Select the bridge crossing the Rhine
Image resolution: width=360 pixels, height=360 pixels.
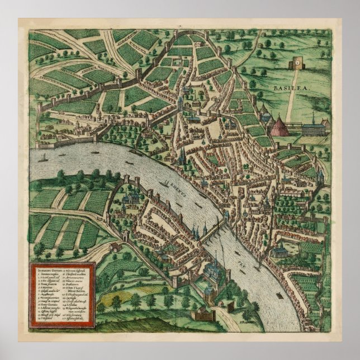click(x=215, y=230)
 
